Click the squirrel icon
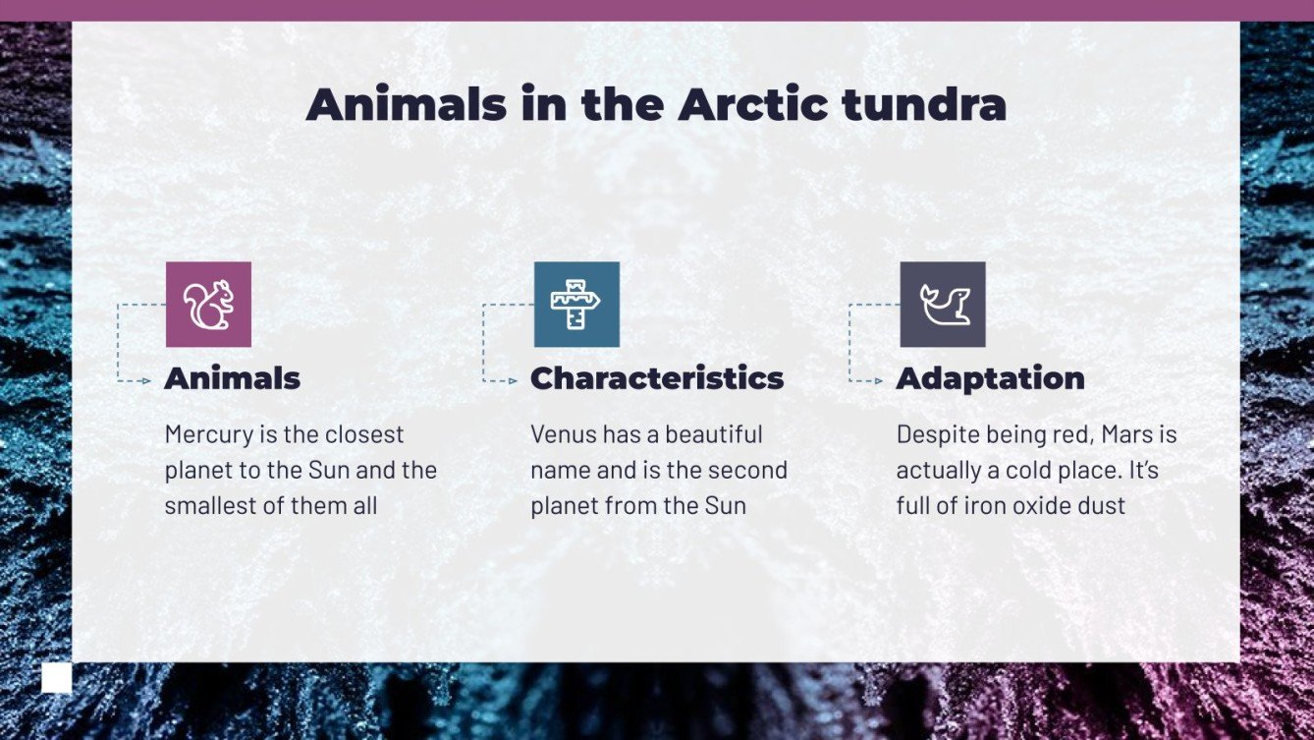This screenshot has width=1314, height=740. point(208,305)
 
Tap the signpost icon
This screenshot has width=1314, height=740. point(576,305)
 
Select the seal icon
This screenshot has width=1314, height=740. point(943,305)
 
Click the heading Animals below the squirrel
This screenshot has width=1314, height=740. point(232,378)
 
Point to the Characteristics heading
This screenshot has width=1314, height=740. point(657,378)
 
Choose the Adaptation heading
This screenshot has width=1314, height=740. point(990,378)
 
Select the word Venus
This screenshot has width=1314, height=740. point(563,434)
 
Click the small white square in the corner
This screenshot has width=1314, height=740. point(56,678)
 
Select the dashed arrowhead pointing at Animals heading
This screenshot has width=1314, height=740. point(146,380)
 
